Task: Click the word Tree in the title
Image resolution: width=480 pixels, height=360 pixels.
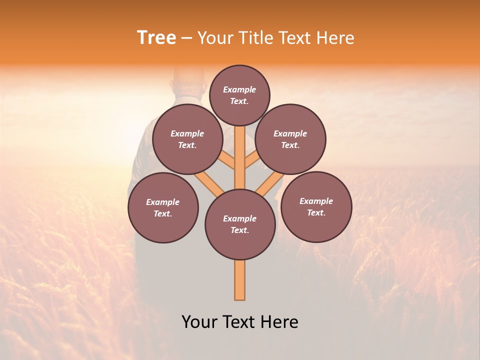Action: (x=156, y=38)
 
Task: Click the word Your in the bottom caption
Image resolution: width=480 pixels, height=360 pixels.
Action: (x=199, y=322)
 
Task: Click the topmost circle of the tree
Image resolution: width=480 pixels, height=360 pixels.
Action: (x=239, y=95)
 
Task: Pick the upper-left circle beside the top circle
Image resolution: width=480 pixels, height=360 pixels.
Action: (x=187, y=139)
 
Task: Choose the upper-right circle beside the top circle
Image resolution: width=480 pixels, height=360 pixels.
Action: (x=290, y=139)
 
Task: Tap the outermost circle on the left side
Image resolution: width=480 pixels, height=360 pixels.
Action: (x=163, y=207)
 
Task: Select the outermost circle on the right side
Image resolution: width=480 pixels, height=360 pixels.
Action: (x=316, y=206)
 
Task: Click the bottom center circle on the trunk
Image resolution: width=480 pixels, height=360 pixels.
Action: (x=240, y=224)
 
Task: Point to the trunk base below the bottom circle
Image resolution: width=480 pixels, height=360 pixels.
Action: (x=240, y=280)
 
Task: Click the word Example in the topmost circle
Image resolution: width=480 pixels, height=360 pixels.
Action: (x=239, y=89)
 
